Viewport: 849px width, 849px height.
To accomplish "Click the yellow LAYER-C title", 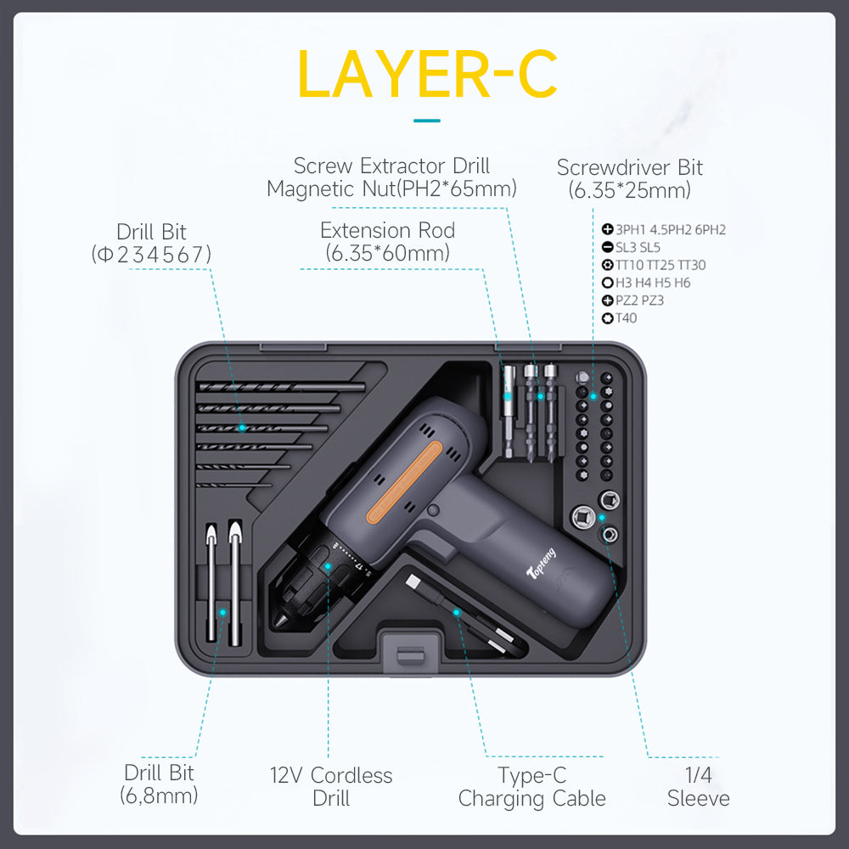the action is [x=427, y=74].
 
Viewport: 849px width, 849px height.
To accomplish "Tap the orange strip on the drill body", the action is [x=404, y=482].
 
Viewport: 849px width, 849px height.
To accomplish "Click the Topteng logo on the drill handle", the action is [x=541, y=563].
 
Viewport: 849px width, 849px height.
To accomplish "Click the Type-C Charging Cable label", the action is [x=531, y=787].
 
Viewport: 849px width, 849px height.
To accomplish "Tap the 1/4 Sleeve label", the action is [x=699, y=787].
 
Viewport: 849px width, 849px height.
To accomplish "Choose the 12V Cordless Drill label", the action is [x=331, y=787].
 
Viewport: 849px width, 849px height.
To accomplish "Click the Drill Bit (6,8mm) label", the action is [x=159, y=784].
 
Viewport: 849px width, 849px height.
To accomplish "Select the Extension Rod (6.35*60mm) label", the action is [x=388, y=241].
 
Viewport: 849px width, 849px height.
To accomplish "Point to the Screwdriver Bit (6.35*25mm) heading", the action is [x=630, y=178].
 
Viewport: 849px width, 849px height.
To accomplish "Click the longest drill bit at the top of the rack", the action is [x=282, y=386].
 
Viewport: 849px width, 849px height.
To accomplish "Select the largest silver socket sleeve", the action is [x=583, y=517].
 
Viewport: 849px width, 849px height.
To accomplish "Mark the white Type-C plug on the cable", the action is [x=414, y=583].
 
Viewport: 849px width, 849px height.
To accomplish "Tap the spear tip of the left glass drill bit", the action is [x=211, y=533].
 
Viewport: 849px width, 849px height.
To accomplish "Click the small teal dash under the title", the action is [x=427, y=121].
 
